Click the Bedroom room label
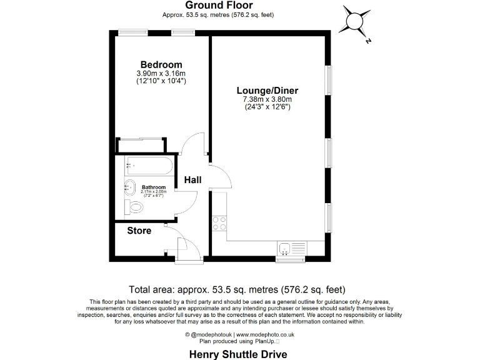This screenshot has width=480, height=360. [x=161, y=65]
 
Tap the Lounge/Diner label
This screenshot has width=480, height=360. [x=267, y=90]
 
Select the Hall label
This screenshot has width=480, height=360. [x=192, y=180]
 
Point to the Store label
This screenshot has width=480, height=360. [x=139, y=231]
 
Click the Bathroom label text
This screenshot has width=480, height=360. [x=153, y=187]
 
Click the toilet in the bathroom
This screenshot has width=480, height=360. [x=135, y=207]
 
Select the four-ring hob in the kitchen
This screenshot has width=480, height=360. [x=219, y=223]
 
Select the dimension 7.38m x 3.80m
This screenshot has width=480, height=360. [x=267, y=99]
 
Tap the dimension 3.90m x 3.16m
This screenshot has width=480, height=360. [x=161, y=74]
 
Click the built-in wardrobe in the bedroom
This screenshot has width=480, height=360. [x=141, y=145]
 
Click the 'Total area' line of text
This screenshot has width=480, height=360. [x=237, y=289]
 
